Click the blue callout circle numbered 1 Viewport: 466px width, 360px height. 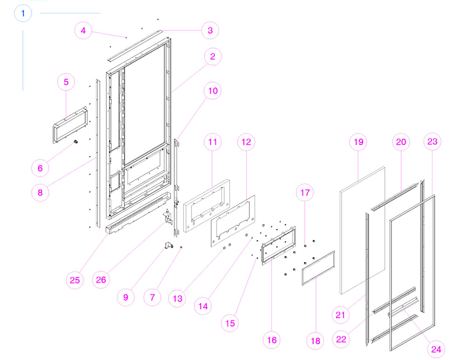point(23,13)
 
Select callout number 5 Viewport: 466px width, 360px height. point(66,82)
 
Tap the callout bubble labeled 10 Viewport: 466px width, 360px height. point(212,91)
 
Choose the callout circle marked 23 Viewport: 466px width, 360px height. point(432,142)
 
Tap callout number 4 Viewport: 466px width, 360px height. point(83,31)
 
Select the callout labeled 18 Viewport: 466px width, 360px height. point(316,341)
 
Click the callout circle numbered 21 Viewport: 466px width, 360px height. point(341,315)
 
